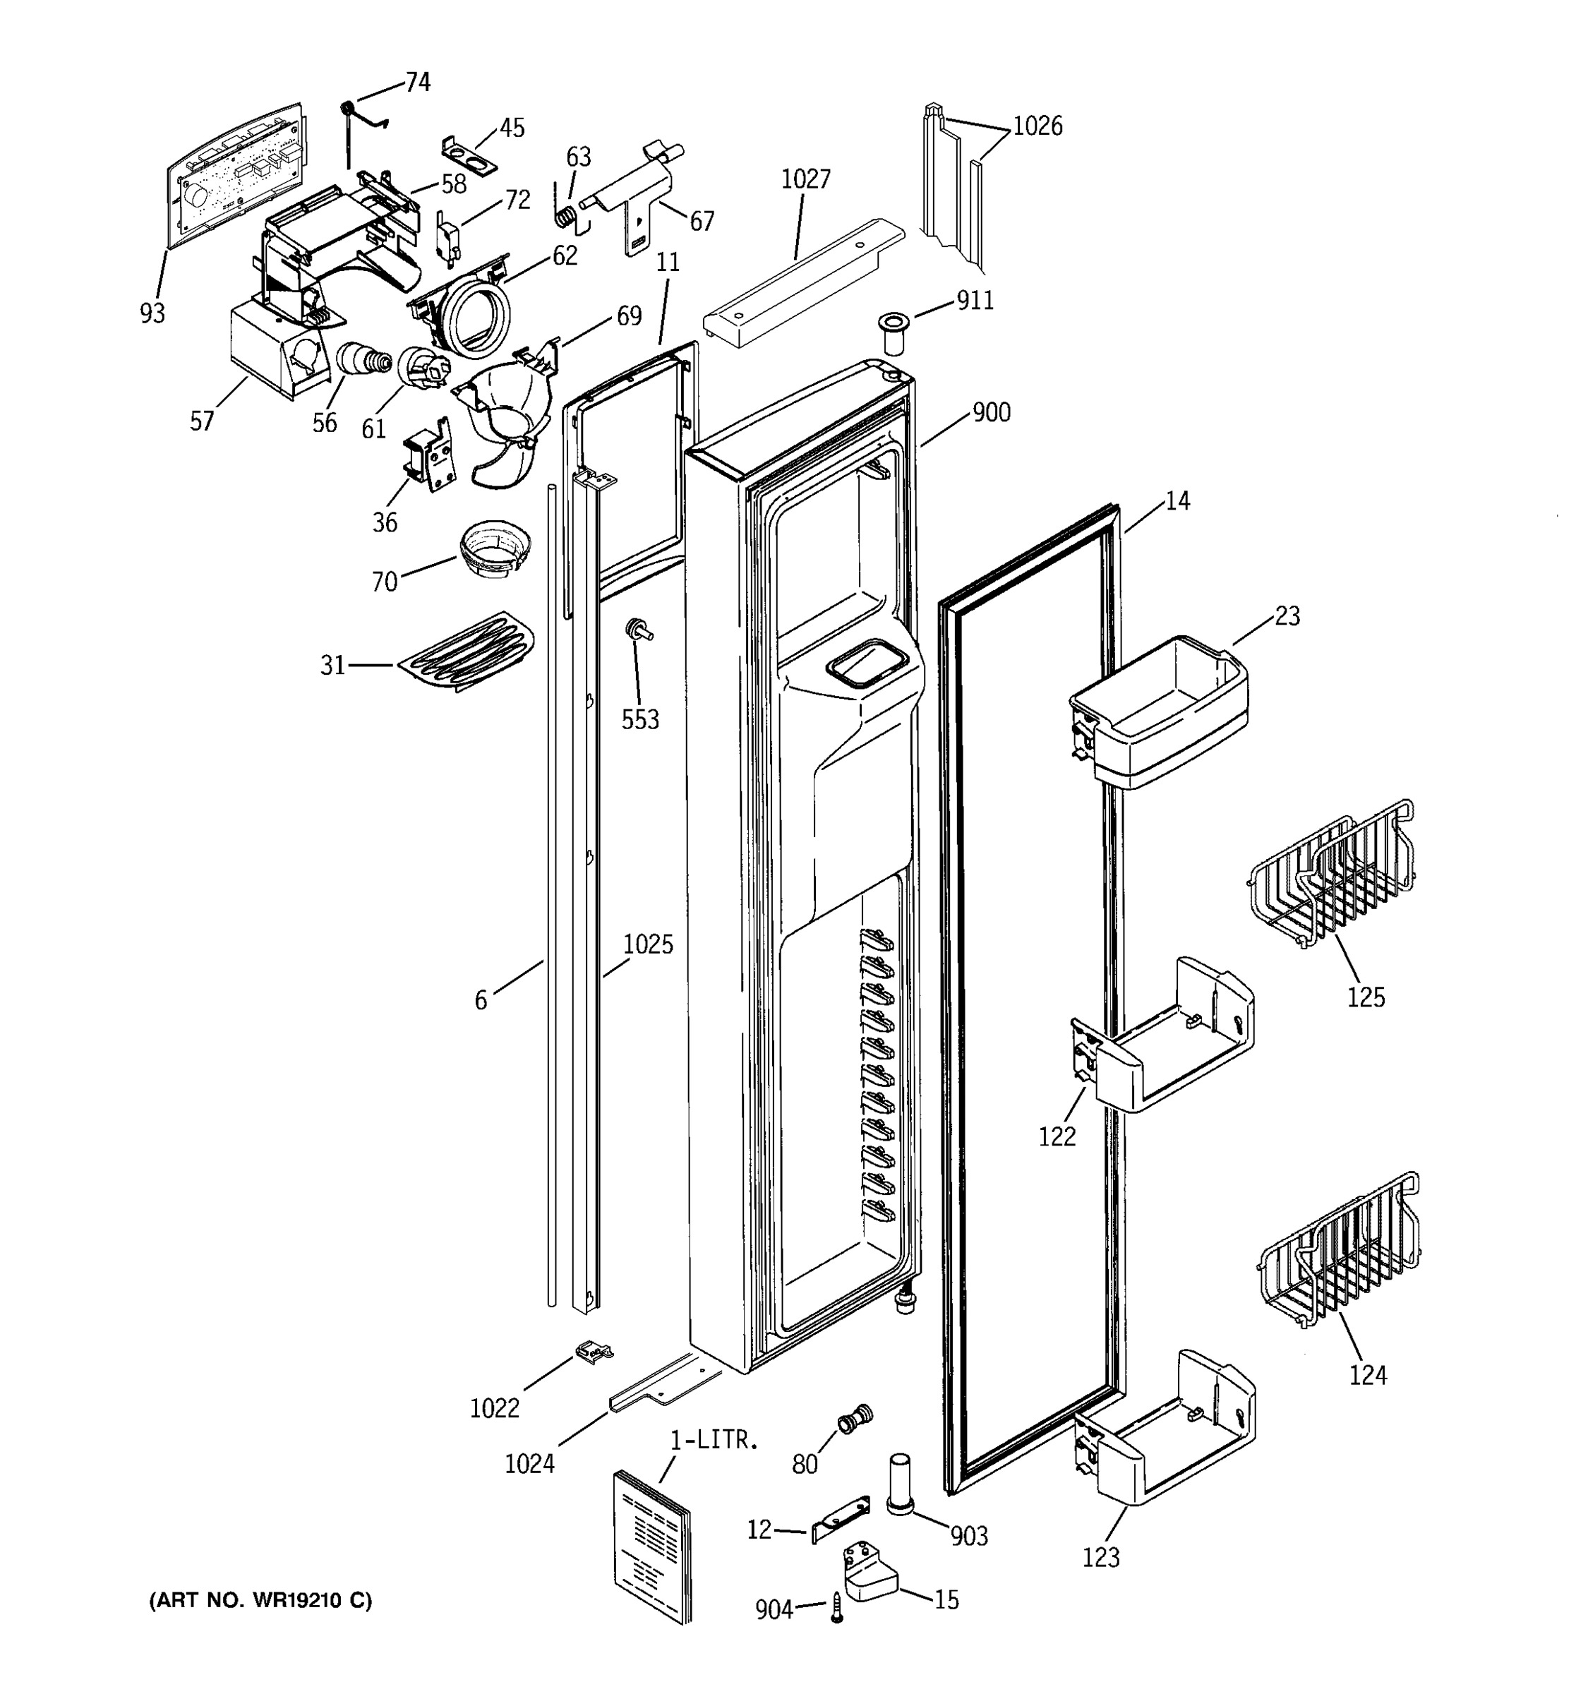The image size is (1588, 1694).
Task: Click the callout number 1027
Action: coord(805,179)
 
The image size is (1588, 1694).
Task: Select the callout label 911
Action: coord(975,301)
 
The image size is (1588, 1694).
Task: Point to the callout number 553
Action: coord(640,720)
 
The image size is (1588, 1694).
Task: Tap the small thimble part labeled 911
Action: coord(894,333)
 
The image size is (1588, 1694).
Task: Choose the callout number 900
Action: coord(991,412)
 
